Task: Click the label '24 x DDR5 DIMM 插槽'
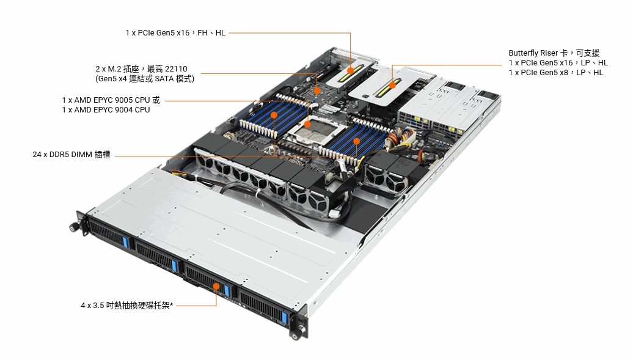pos(71,155)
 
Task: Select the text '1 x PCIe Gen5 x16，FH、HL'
pos(175,33)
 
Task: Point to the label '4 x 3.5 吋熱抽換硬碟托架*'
pos(126,306)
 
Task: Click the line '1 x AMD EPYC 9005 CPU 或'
pos(111,100)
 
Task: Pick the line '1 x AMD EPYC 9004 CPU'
pos(106,110)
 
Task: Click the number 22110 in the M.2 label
pos(176,69)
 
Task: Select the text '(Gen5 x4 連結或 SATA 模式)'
pos(145,79)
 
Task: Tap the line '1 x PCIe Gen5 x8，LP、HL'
pos(556,73)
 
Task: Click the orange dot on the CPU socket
pos(307,125)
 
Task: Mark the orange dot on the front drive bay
pos(216,287)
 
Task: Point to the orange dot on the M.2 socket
pos(317,91)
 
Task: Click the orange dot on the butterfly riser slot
pos(392,85)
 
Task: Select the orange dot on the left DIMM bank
pos(274,115)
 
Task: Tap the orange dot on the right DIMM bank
pos(356,141)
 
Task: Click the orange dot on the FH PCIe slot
pos(351,71)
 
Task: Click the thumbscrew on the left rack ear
pos(74,227)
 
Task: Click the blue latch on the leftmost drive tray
pos(125,243)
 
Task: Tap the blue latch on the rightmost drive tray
pos(285,318)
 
